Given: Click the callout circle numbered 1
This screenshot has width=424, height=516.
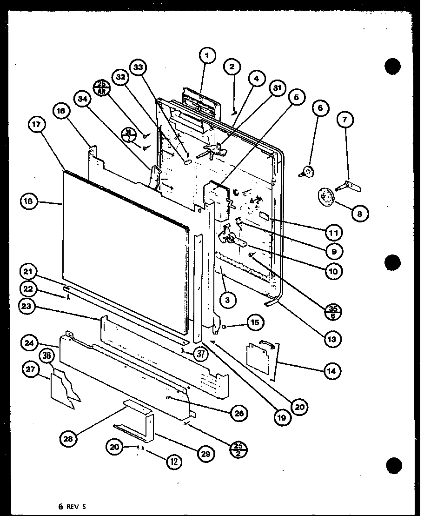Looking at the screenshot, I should point(207,56).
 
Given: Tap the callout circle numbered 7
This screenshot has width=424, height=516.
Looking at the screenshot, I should point(344,120).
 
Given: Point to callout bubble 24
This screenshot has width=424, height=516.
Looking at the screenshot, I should point(30,344).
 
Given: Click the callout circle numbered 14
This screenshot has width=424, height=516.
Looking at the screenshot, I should point(332,371).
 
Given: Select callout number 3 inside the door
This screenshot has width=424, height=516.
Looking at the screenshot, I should point(227,300).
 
